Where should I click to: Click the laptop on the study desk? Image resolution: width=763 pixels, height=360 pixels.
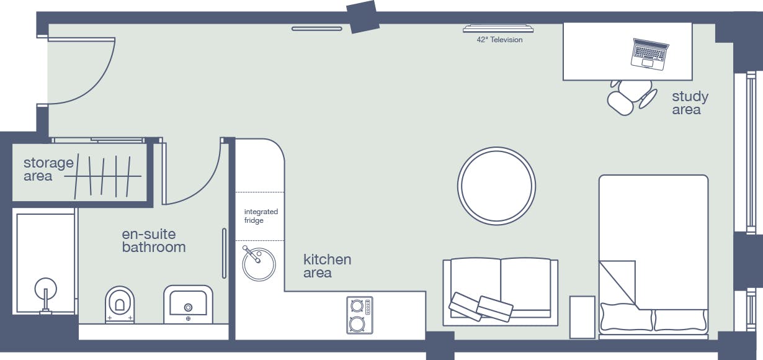click(x=649, y=54)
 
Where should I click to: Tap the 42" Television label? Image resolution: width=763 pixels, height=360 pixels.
click(x=499, y=40)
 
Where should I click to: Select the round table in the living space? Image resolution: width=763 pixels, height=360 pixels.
click(x=496, y=186)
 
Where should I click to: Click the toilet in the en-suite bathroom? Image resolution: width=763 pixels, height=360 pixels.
click(x=120, y=304)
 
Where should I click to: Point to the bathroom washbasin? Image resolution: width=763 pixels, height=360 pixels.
click(x=188, y=304)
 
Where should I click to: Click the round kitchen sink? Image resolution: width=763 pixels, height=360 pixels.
click(x=259, y=264)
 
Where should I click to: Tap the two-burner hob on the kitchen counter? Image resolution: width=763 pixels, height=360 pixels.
click(x=360, y=315)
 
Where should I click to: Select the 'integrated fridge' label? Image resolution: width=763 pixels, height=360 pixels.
click(x=261, y=216)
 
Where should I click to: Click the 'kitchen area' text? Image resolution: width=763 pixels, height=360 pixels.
click(x=327, y=266)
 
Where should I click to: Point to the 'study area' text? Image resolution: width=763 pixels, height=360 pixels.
click(x=690, y=103)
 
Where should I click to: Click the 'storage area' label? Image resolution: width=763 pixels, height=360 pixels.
click(x=48, y=169)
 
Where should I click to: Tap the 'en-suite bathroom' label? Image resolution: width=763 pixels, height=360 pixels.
click(x=154, y=241)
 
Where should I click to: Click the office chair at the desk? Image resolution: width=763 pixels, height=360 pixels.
click(x=632, y=97)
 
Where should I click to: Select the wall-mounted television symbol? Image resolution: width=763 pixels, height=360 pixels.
click(x=498, y=29)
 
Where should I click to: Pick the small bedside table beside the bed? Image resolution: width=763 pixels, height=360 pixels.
click(x=582, y=317)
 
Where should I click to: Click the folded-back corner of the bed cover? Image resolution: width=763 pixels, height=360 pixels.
click(x=617, y=282)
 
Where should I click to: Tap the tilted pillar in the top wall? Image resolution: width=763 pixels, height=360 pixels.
click(x=363, y=17)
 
